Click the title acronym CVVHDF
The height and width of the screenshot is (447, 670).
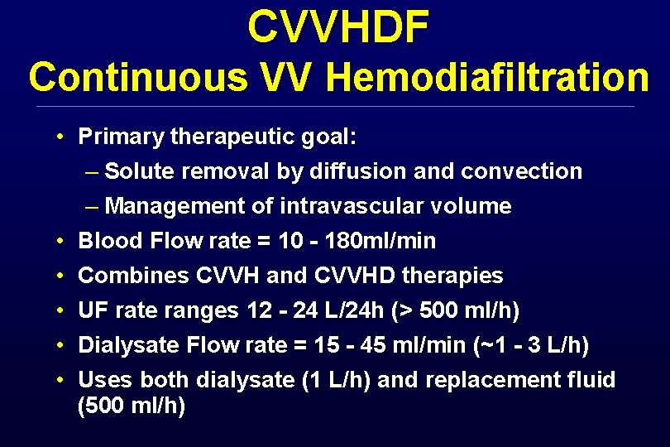tap(337, 28)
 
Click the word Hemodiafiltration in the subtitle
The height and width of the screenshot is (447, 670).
tap(488, 78)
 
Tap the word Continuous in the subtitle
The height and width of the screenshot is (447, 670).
tap(137, 78)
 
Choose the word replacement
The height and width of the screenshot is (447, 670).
tap(464, 380)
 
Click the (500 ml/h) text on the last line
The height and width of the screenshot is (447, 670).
tap(132, 407)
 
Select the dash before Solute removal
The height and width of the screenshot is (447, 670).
tap(90, 171)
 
